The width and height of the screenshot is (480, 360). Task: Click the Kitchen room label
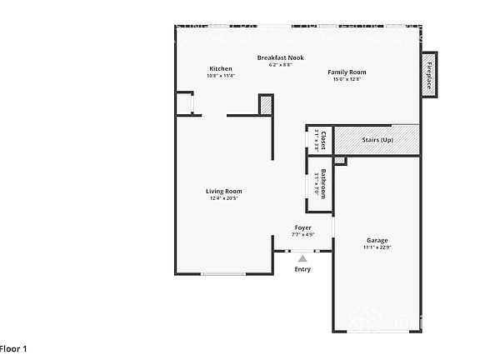221,68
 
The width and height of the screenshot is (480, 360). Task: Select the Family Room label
349,72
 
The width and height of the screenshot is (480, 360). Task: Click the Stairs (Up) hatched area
377,139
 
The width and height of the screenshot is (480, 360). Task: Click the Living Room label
223,191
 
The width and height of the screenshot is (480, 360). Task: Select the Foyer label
303,227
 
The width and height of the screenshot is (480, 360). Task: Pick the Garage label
377,240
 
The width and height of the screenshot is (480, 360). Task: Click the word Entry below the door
302,269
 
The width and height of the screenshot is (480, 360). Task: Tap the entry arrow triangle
302,259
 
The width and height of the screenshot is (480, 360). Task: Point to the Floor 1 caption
13,348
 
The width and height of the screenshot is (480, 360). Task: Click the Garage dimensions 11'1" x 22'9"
377,247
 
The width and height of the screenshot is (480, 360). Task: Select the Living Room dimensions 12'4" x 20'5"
223,198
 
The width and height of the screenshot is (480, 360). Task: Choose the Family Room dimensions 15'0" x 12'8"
349,79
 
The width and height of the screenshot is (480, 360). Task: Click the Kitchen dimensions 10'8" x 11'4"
221,76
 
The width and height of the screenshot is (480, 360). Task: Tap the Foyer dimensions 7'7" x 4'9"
303,235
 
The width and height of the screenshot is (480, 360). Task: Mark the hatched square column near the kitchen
266,105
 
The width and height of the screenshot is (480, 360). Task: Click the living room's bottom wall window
223,273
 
